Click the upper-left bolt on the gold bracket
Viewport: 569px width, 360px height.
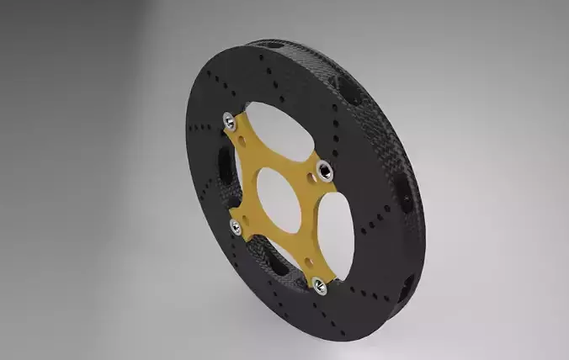(229, 123)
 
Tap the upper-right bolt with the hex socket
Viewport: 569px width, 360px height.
(325, 172)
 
